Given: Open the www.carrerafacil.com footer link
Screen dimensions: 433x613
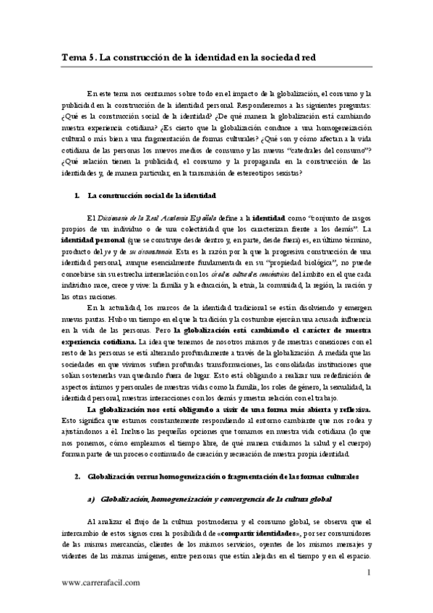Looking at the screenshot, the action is coord(101,582).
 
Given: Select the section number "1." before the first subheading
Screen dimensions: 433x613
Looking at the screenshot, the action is coord(77,195).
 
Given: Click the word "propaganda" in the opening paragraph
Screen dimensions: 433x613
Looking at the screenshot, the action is coord(260,162).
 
